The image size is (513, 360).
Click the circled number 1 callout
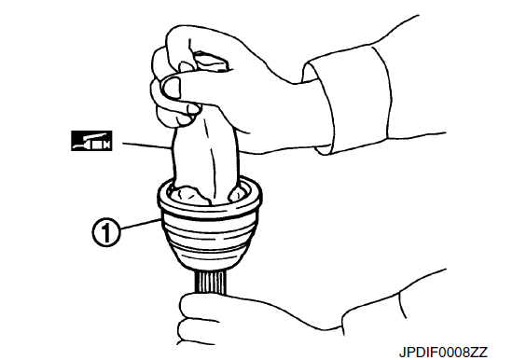[105, 232]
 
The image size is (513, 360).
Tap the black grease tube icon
[91, 141]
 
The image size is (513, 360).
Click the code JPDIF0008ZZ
[443, 353]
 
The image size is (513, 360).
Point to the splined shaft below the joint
[211, 283]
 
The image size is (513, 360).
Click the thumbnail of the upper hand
[171, 88]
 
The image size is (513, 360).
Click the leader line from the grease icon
[146, 145]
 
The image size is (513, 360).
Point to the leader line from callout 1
[141, 224]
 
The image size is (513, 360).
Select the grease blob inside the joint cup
[188, 195]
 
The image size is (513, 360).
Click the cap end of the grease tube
[211, 62]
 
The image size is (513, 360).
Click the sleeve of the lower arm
[393, 301]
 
